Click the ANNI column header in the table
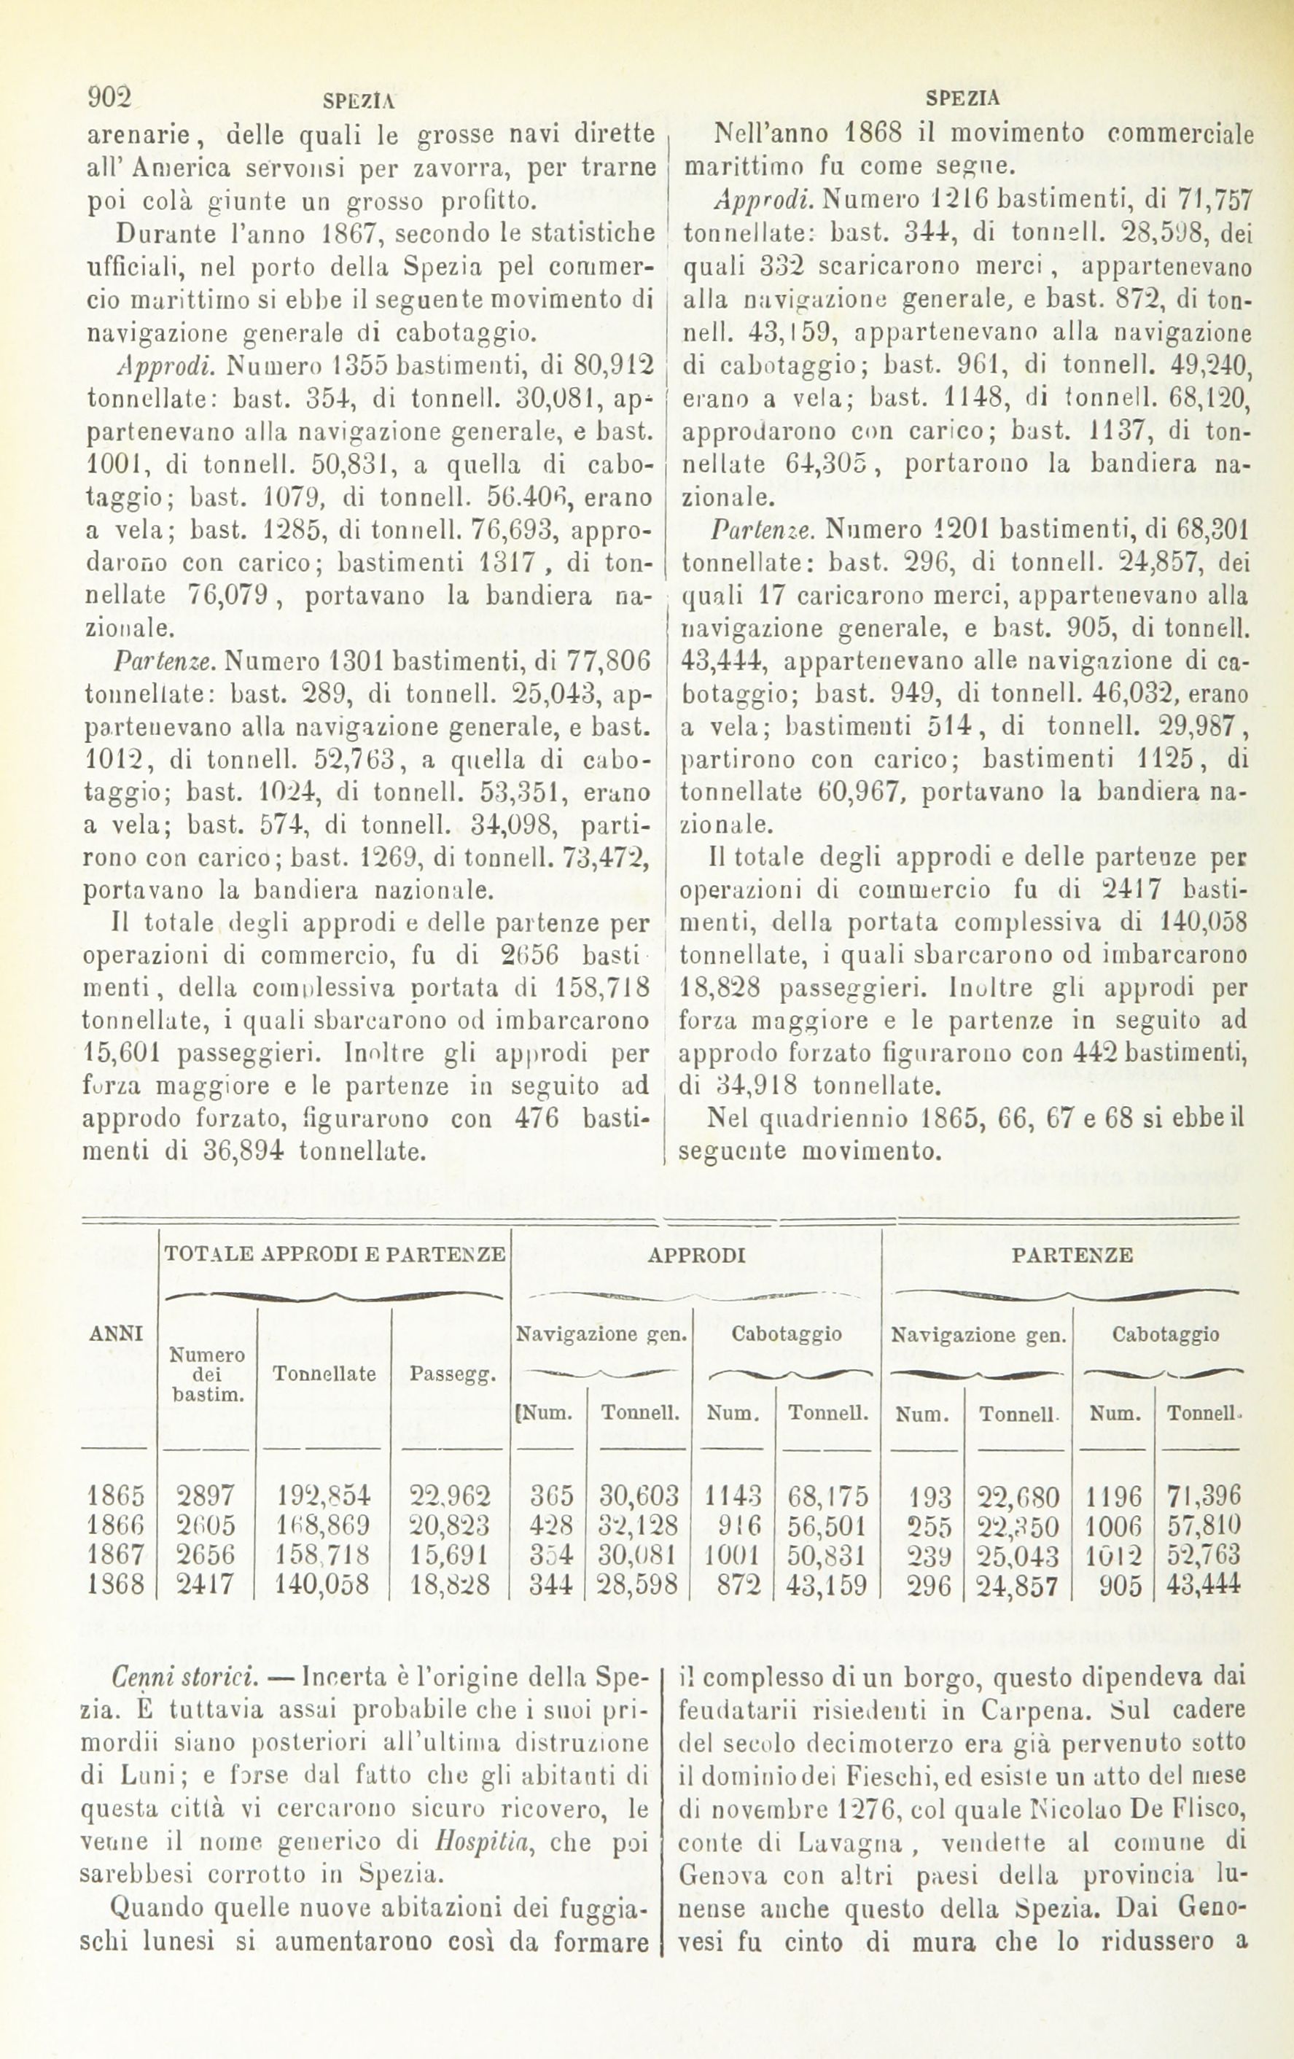(115, 1332)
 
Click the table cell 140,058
(324, 1585)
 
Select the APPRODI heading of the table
(696, 1256)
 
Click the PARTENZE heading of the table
(1072, 1256)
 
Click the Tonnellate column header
(324, 1374)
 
